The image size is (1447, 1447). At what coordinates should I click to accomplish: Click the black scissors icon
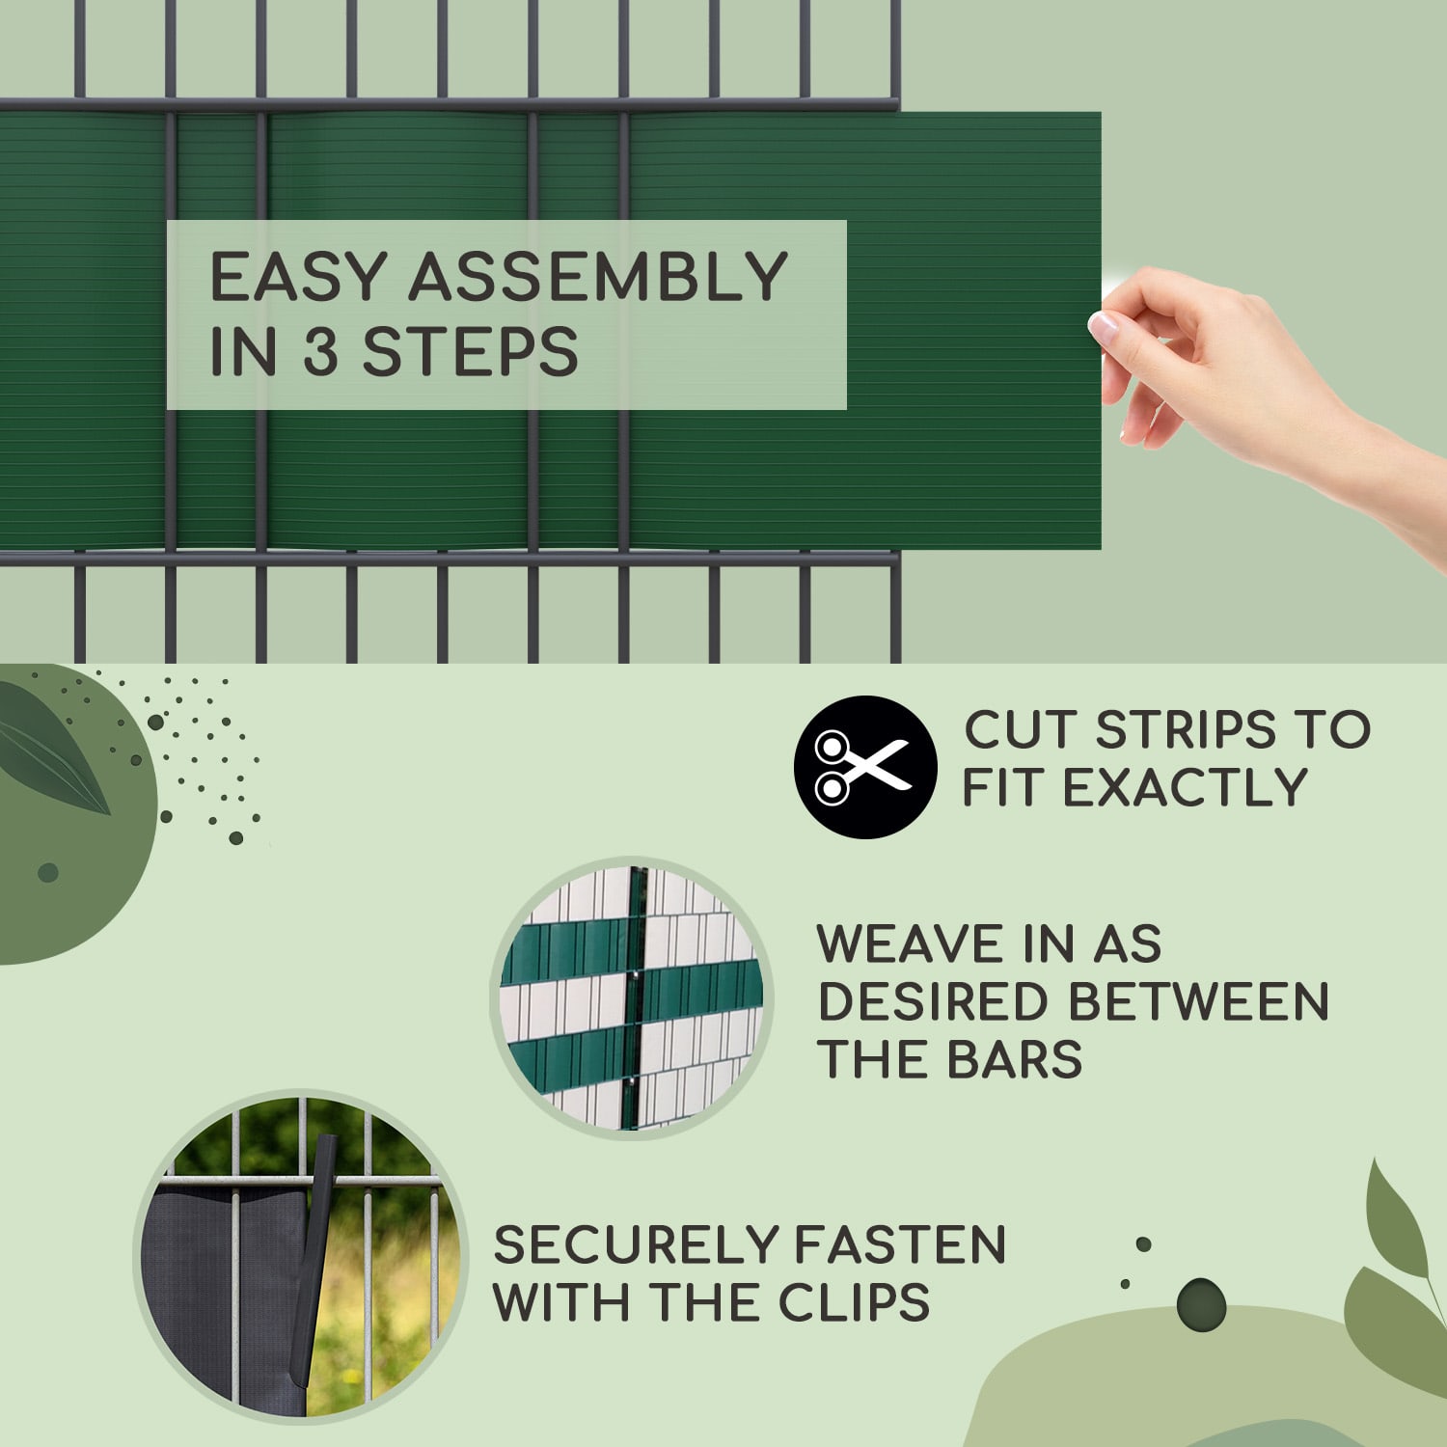tap(865, 766)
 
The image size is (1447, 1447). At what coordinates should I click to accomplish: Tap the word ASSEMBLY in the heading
tap(598, 277)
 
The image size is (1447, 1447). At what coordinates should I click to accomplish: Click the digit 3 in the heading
tap(321, 350)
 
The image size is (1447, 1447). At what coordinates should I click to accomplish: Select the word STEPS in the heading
tap(470, 350)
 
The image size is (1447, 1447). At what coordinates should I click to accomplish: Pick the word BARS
tap(1015, 1059)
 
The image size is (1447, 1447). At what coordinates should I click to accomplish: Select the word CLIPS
tap(854, 1302)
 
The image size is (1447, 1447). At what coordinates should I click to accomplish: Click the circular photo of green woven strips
tap(632, 998)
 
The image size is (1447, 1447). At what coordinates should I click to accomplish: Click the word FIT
tap(1004, 787)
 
